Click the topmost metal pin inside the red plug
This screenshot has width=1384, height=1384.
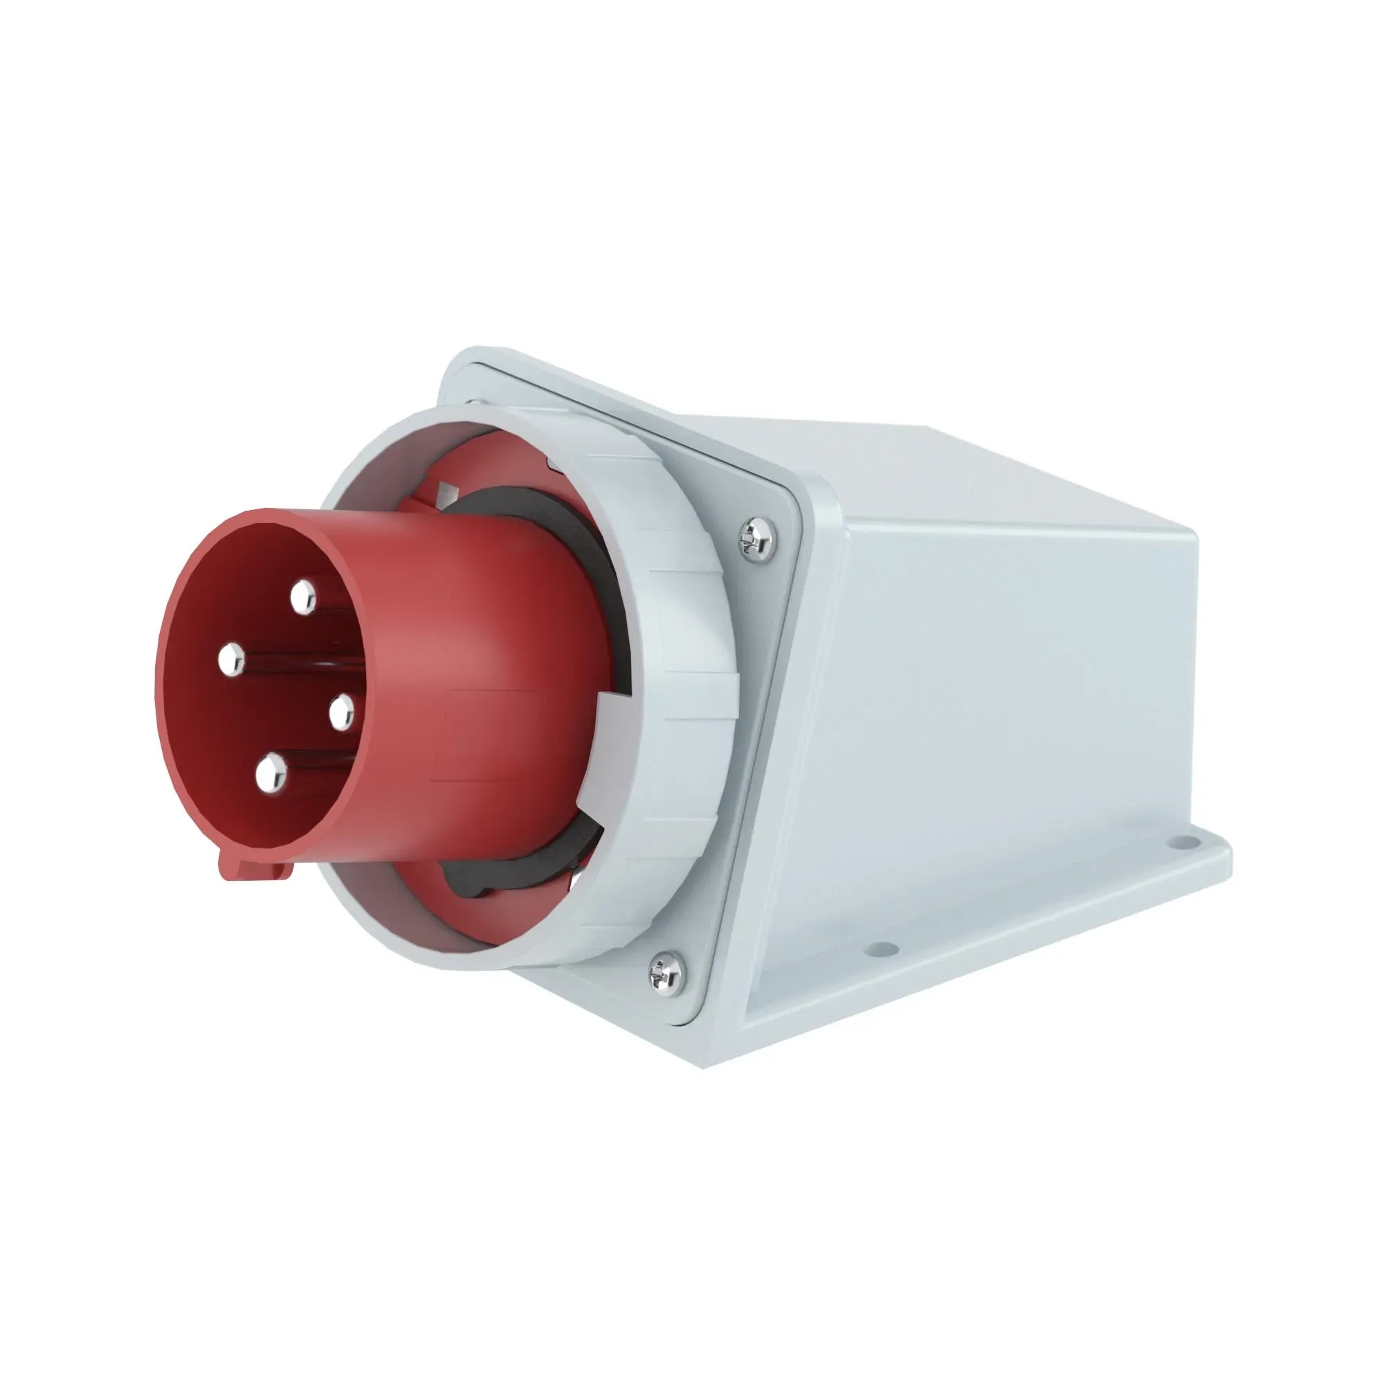303,597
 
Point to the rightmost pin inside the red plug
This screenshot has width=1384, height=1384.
342,712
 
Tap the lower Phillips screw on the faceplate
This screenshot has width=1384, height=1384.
666,972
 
